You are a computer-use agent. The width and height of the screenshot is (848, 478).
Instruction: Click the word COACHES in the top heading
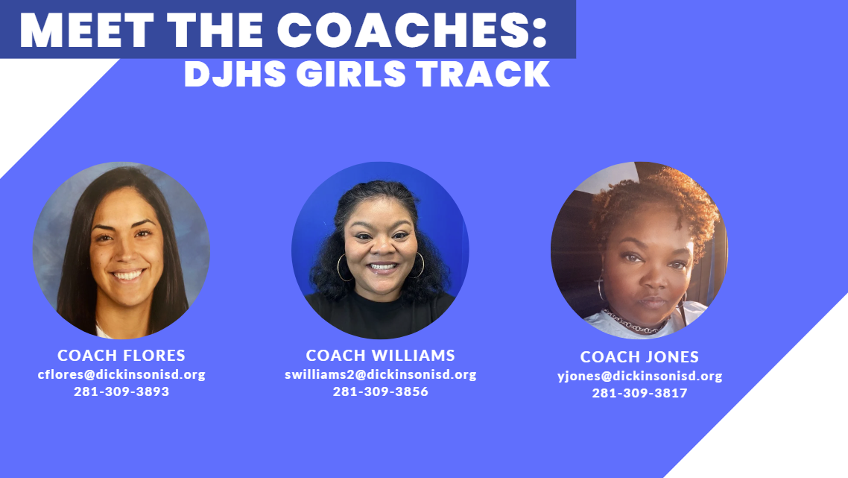pos(404,30)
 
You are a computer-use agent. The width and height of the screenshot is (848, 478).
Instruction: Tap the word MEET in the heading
pos(87,30)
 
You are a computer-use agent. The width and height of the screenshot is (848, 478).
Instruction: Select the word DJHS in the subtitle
pos(235,74)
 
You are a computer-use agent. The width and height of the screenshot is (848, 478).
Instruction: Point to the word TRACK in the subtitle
pos(484,74)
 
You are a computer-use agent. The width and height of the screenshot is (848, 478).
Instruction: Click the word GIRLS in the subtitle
pos(351,74)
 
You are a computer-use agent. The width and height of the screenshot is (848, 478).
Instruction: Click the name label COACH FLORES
pos(121,355)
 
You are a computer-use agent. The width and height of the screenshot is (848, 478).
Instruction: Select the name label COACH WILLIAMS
pos(380,355)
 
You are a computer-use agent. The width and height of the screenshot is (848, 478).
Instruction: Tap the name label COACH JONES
pos(639,356)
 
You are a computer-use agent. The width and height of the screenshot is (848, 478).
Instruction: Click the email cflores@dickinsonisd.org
pos(121,374)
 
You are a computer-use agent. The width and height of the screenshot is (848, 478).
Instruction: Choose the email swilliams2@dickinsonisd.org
pos(380,374)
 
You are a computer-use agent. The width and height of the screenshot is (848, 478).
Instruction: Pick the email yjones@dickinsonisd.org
pos(640,376)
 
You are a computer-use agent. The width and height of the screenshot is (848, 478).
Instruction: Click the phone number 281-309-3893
pos(121,391)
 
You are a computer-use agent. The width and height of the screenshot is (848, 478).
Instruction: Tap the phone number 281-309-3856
pos(380,391)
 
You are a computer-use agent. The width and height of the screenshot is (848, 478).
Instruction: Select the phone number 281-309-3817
pos(639,393)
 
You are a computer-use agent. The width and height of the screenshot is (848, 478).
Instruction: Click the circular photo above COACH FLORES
pos(121,250)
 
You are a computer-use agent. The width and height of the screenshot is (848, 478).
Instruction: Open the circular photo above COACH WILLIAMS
pos(380,250)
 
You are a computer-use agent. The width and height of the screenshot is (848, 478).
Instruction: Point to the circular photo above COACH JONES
pos(639,250)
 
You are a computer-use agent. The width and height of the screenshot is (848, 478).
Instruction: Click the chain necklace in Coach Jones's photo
pos(633,323)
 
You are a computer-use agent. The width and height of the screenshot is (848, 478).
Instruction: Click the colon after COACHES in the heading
pos(540,34)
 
